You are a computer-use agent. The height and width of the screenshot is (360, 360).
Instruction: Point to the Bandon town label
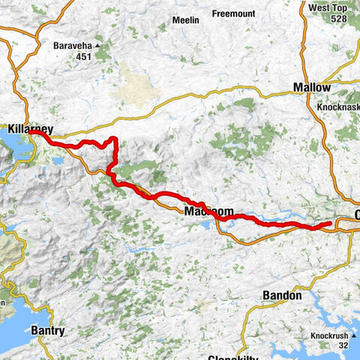[282, 295]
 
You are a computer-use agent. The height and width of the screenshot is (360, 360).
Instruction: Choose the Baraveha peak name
[73, 45]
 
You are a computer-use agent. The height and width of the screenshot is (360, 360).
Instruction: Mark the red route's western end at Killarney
[41, 134]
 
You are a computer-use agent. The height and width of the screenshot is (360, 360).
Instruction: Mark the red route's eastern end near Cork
[331, 223]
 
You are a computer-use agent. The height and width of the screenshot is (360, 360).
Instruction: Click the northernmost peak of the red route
[113, 139]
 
